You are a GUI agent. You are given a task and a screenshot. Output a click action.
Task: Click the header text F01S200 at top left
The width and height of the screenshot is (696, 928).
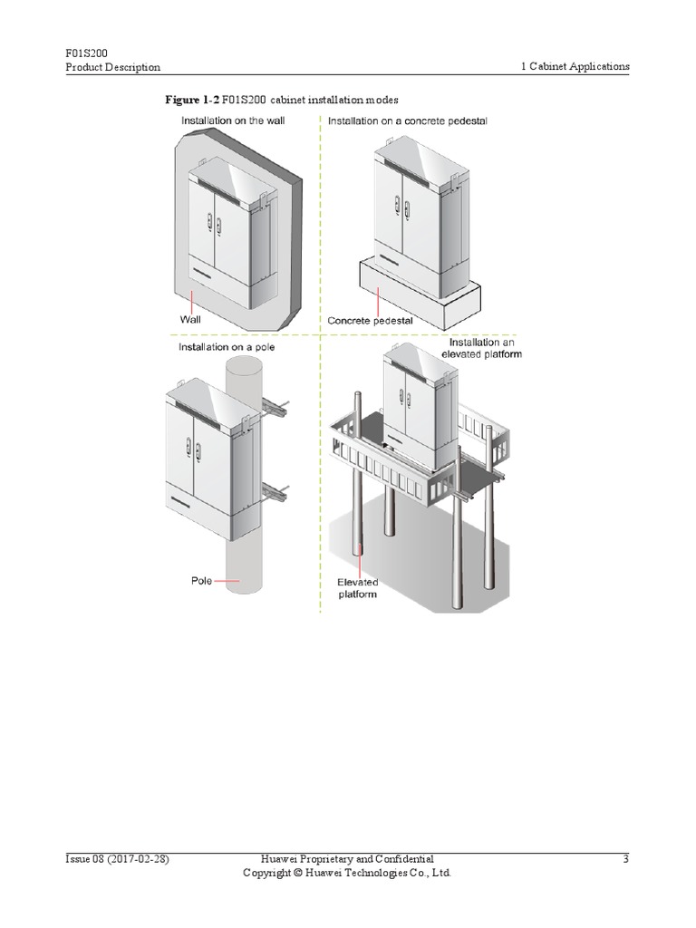[86, 53]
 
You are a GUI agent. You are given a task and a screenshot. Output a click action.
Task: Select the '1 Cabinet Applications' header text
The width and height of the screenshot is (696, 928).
[575, 67]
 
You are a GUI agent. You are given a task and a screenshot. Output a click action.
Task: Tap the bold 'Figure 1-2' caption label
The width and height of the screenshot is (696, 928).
[191, 99]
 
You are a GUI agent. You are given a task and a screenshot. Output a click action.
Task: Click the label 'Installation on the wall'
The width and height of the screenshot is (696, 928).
[233, 121]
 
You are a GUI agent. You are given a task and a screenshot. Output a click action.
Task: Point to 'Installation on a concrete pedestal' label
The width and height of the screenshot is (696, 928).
[408, 121]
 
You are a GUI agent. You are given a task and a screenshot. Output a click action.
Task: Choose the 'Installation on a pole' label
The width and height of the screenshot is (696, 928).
[227, 346]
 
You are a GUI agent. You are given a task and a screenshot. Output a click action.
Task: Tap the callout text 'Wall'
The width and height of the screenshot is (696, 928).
[190, 320]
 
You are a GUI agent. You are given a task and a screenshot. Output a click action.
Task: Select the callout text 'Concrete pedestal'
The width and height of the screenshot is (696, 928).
[370, 320]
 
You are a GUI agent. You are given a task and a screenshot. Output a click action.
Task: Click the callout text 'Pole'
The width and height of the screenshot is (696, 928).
[201, 580]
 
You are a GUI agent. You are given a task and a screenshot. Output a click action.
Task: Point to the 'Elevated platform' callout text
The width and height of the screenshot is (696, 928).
[358, 588]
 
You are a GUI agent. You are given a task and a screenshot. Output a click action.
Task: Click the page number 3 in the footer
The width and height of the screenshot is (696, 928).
[625, 858]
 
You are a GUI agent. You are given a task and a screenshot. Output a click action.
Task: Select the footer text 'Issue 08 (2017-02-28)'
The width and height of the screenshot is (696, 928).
[117, 858]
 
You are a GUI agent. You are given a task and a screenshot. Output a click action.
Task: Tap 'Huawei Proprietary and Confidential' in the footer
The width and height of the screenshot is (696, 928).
[347, 858]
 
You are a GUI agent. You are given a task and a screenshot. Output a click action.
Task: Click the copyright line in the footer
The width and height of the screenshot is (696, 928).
[347, 873]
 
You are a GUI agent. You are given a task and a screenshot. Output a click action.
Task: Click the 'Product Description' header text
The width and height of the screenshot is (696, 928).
[113, 67]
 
